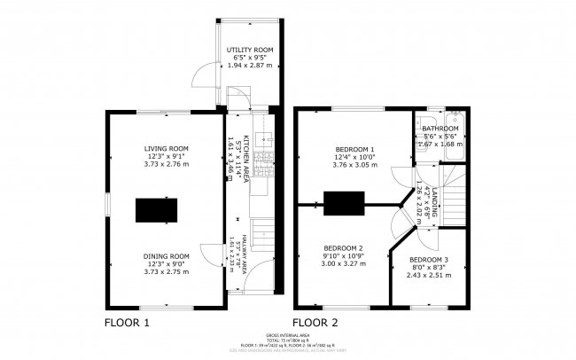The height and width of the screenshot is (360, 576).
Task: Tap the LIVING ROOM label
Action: [167, 148]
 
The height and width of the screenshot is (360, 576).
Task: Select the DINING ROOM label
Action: [167, 256]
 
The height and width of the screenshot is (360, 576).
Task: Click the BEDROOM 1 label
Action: [354, 149]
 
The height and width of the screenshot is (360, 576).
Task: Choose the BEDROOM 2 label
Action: [343, 247]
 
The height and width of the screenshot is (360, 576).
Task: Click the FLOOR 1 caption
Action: [127, 322]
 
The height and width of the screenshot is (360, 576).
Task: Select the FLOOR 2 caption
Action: [317, 322]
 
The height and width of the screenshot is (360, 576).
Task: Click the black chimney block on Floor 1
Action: [157, 210]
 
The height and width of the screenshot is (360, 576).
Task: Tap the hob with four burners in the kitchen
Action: [262, 164]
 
